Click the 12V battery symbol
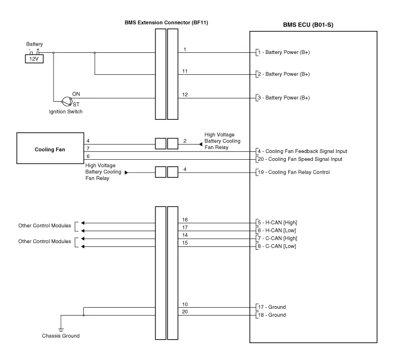click(x=34, y=58)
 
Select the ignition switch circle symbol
click(x=67, y=101)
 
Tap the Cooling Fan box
click(x=50, y=148)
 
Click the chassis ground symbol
click(x=61, y=330)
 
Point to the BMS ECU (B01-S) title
click(x=308, y=25)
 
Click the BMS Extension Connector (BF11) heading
click(x=167, y=22)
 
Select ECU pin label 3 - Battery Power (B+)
click(x=284, y=98)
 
